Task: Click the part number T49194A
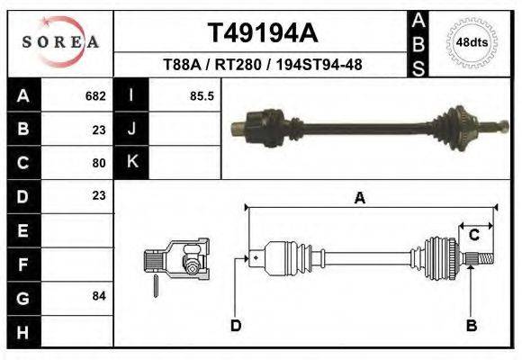click(x=262, y=33)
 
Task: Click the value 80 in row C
click(x=99, y=163)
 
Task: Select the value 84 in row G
click(x=99, y=296)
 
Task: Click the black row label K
click(x=131, y=163)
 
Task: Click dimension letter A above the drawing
click(x=360, y=199)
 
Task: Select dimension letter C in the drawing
click(x=473, y=235)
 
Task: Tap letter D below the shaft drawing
click(x=236, y=325)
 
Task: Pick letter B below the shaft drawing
click(x=471, y=325)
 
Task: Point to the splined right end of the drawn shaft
click(x=482, y=259)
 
